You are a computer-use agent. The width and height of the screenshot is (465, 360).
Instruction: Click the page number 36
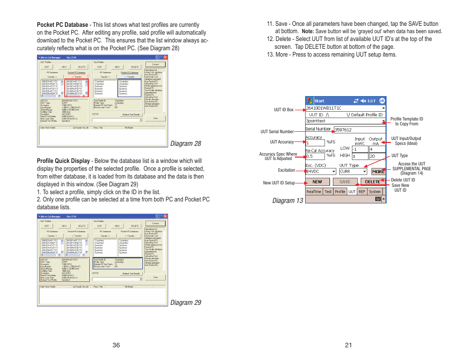[x=116, y=345]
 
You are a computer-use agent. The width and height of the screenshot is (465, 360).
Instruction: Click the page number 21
[x=348, y=345]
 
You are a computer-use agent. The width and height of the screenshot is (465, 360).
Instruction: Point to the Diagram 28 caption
[x=185, y=143]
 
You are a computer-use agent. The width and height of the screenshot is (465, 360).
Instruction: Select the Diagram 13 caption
[x=288, y=200]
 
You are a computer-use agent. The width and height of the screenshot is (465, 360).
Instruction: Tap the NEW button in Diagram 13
[x=317, y=182]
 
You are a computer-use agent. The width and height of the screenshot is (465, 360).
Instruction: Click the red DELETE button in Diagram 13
[x=372, y=182]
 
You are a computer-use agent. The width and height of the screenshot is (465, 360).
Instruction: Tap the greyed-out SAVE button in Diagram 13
[x=345, y=182]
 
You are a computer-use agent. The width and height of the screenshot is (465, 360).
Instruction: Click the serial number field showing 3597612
[x=359, y=130]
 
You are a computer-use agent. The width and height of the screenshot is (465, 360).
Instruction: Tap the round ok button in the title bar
[x=382, y=101]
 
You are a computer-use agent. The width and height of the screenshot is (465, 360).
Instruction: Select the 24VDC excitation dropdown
[x=321, y=171]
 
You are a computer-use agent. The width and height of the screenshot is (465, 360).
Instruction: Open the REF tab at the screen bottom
[x=362, y=192]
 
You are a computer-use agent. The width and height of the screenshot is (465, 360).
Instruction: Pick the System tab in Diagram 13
[x=375, y=192]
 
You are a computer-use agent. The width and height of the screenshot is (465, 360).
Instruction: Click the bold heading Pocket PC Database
[x=62, y=25]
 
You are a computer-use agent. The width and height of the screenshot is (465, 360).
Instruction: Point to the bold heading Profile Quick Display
[x=63, y=161]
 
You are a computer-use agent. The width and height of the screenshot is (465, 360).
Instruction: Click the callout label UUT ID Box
[x=284, y=110]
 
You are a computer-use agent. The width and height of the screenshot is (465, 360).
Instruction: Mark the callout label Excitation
[x=287, y=170]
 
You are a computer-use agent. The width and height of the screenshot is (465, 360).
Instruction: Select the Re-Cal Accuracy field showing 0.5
[x=314, y=156]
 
